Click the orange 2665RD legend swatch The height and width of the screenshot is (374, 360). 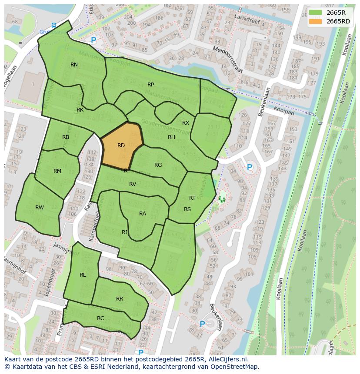click(317, 21)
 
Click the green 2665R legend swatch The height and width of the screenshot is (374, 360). click(317, 13)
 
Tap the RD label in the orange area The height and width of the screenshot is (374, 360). click(121, 146)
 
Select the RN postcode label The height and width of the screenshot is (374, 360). click(74, 65)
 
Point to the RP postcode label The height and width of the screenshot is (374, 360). click(151, 85)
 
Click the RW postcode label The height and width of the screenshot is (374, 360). click(40, 208)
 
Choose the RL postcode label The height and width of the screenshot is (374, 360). click(83, 275)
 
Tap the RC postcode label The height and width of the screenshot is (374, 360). click(100, 318)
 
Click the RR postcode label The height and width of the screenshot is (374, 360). click(120, 299)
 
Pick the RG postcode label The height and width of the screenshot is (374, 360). click(158, 165)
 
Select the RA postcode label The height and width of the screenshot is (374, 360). click(143, 214)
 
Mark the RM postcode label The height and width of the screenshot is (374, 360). click(57, 171)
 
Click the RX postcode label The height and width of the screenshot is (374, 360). click(186, 123)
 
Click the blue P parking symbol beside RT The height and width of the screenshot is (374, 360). click(250, 167)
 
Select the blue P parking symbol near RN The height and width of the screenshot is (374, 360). click(93, 40)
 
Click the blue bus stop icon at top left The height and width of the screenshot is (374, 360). click(53, 25)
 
